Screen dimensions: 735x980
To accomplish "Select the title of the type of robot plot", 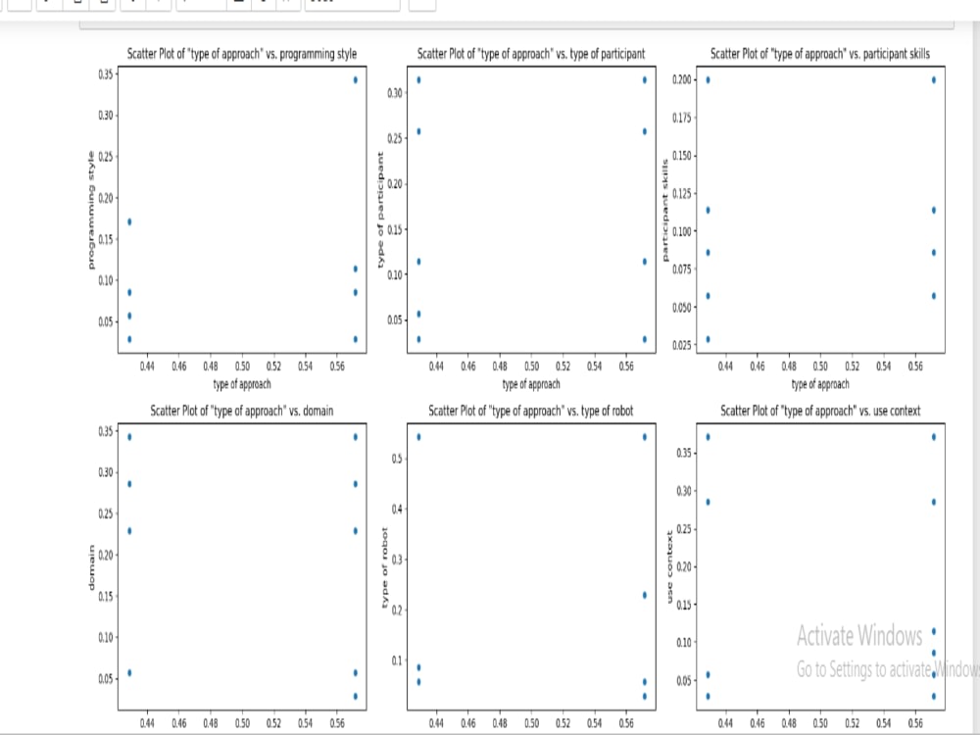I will pyautogui.click(x=531, y=411).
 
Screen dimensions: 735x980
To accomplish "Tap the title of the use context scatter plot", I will pyautogui.click(x=820, y=411).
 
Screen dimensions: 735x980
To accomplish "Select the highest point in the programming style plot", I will pyautogui.click(x=356, y=79).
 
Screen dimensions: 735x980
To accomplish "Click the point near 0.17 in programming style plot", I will pyautogui.click(x=129, y=221).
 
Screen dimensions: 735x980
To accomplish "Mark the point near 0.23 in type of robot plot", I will pyautogui.click(x=644, y=595).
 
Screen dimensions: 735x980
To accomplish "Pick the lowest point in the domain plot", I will pyautogui.click(x=356, y=696).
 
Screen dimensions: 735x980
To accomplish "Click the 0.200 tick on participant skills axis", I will pyautogui.click(x=683, y=79).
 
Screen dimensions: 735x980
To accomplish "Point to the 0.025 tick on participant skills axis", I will pyautogui.click(x=683, y=345).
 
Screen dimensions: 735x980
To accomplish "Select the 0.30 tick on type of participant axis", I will pyautogui.click(x=393, y=93).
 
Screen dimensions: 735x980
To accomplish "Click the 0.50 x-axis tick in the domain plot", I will pyautogui.click(x=243, y=723).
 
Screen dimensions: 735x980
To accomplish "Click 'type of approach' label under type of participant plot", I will pyautogui.click(x=531, y=384).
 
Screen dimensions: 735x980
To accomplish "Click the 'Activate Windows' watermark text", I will pyautogui.click(x=859, y=636).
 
